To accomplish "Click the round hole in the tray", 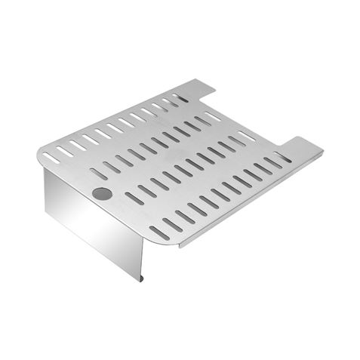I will [101, 194].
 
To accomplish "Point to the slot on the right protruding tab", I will [283, 158].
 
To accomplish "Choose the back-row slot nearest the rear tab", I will [180, 98].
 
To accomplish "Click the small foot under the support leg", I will [141, 278].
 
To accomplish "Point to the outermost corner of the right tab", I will [323, 154].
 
